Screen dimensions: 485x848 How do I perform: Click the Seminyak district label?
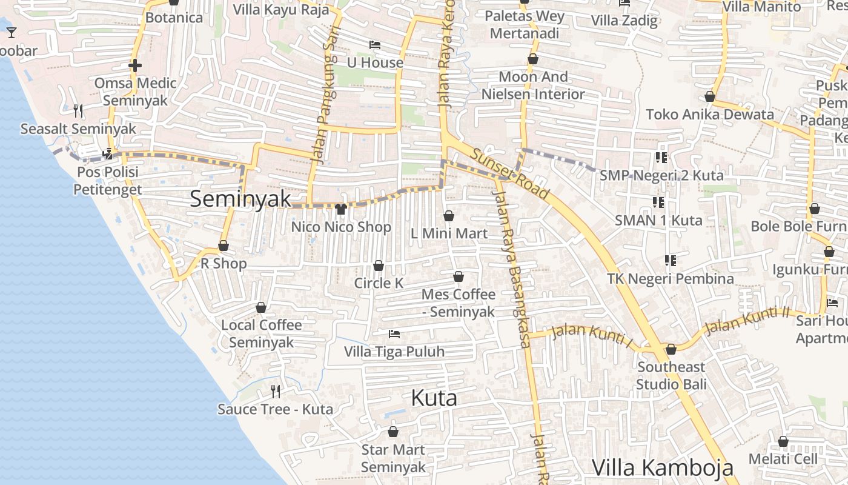point(240,199)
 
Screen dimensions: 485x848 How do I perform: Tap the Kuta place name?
point(434,398)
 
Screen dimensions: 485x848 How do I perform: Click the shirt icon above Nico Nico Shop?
point(340,209)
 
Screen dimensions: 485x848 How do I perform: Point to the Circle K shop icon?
point(379,266)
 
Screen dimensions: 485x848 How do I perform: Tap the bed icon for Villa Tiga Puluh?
point(394,334)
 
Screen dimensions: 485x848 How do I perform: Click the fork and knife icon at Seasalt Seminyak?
point(78,111)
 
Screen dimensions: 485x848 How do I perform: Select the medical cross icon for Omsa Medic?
point(135,65)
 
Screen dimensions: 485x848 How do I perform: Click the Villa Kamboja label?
point(662,468)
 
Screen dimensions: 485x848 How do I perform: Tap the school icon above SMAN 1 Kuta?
point(658,202)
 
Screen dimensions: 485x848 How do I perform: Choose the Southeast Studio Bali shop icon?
point(671,349)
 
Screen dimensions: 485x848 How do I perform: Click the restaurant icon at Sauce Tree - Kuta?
point(276,391)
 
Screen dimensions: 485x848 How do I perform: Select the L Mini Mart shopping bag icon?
point(449,216)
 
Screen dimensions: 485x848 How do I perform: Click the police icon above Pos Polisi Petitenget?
point(108,154)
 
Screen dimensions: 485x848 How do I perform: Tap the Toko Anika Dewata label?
point(709,115)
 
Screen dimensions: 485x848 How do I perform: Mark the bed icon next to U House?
point(375,45)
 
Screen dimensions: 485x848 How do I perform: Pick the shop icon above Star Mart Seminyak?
point(393,432)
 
